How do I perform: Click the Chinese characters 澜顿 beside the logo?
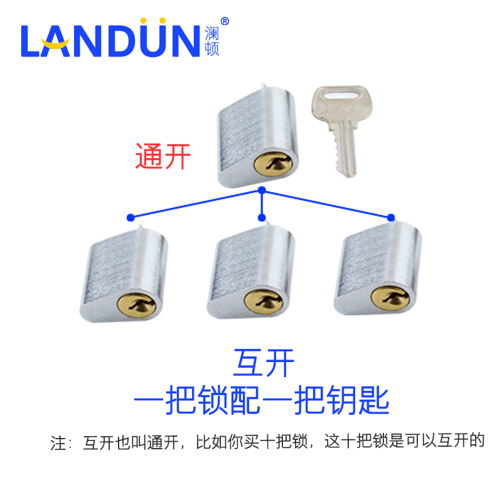(212, 41)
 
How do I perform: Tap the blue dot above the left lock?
(130, 218)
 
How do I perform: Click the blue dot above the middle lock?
(262, 218)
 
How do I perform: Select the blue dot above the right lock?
(391, 218)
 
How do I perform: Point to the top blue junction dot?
(262, 190)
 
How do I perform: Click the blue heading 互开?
(263, 362)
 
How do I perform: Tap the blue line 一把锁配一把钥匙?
(262, 399)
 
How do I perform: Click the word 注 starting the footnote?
(58, 444)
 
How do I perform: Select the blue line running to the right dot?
(326, 203)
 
